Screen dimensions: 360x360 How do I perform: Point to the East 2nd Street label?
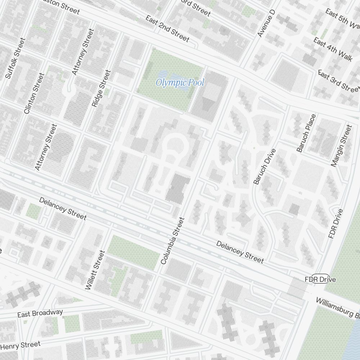tap(167, 28)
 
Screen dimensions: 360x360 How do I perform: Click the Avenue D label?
tap(266, 24)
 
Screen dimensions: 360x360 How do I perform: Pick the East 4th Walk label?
tap(333, 49)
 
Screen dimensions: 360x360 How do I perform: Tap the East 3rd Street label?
tap(339, 81)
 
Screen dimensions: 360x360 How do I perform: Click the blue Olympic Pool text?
tap(180, 83)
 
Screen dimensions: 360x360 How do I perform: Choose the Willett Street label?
tap(95, 270)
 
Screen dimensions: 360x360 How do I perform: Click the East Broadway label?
tap(40, 313)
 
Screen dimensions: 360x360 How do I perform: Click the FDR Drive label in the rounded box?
tap(320, 279)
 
